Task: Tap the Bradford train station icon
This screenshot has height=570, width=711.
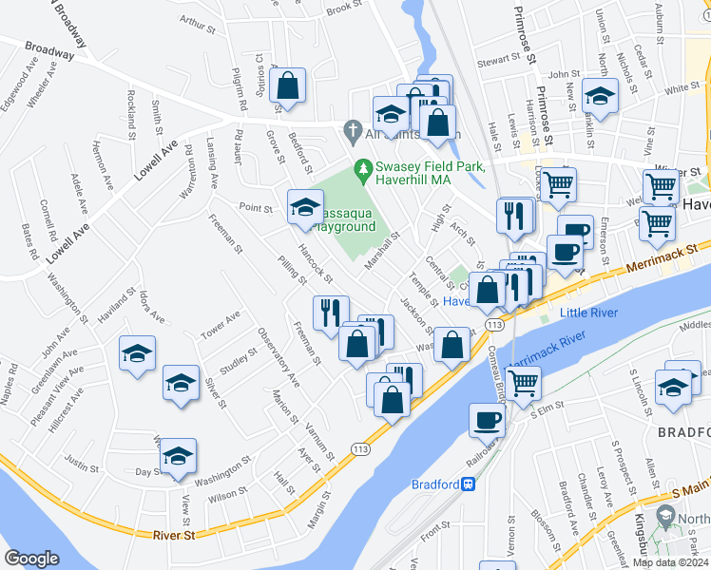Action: [468, 484]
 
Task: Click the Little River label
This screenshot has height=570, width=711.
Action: [589, 313]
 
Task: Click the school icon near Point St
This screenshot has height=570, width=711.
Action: [304, 206]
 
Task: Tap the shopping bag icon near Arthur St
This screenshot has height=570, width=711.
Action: [286, 85]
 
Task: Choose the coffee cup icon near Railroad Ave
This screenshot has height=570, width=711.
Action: [488, 419]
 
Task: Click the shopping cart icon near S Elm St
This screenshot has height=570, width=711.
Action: [523, 382]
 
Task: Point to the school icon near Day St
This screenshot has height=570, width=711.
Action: [177, 455]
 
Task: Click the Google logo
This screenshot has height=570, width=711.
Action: [32, 558]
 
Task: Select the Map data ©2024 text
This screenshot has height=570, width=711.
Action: [670, 562]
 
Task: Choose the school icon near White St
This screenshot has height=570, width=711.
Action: [600, 95]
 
